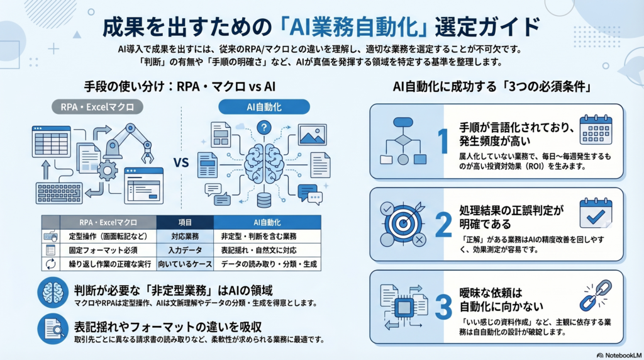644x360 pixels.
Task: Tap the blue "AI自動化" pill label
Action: pyautogui.click(x=264, y=107)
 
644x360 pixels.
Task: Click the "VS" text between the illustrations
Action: pyautogui.click(x=181, y=162)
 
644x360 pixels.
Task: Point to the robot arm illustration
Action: pyautogui.click(x=129, y=142)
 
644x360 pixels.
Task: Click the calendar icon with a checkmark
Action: pyautogui.click(x=595, y=213)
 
